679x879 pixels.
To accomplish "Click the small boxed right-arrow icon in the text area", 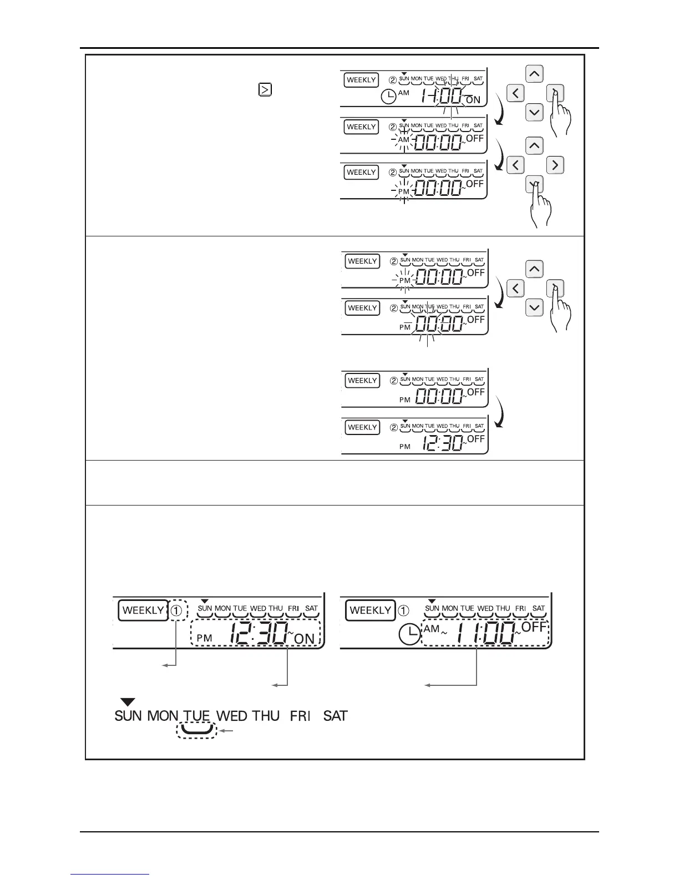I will [265, 89].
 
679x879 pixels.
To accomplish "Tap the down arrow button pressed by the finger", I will [534, 184].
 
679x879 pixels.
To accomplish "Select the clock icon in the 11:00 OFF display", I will [409, 634].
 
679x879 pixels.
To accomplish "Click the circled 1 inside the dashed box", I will [176, 610].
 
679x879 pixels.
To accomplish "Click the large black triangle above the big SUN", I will [128, 703].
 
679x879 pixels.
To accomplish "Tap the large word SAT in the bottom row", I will [335, 716].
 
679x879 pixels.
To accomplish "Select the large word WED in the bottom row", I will [231, 716].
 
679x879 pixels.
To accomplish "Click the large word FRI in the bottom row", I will [300, 716].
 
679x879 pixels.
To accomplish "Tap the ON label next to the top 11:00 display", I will [473, 100].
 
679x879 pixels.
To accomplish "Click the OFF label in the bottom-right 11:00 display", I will [534, 627].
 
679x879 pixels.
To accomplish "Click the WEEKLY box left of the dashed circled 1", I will [143, 610].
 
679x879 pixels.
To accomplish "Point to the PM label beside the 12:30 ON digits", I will [204, 638].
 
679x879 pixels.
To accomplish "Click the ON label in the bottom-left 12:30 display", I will [305, 639].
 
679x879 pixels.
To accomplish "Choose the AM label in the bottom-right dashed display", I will [431, 629].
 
